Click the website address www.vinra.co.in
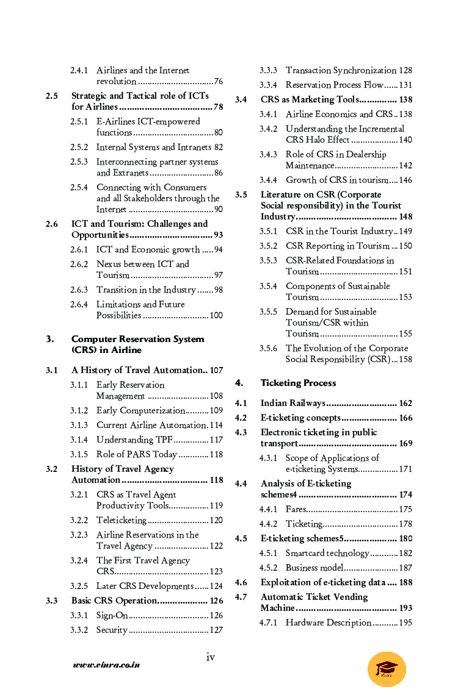(x=106, y=665)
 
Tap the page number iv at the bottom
(x=210, y=657)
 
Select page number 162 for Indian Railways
(x=405, y=403)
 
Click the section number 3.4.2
(x=268, y=129)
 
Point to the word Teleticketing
(x=122, y=520)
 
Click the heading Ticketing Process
(x=298, y=383)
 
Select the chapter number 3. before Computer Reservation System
(x=49, y=339)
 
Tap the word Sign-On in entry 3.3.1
(x=112, y=615)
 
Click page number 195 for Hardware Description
(x=405, y=622)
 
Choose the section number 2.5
(x=52, y=96)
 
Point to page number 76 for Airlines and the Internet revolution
(x=218, y=81)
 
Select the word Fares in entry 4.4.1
(x=296, y=509)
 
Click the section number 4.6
(x=241, y=582)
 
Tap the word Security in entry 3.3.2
(x=112, y=630)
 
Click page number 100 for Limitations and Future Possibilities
(x=216, y=315)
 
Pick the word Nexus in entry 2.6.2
(x=109, y=264)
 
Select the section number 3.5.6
(x=268, y=348)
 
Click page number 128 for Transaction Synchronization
(x=405, y=70)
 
